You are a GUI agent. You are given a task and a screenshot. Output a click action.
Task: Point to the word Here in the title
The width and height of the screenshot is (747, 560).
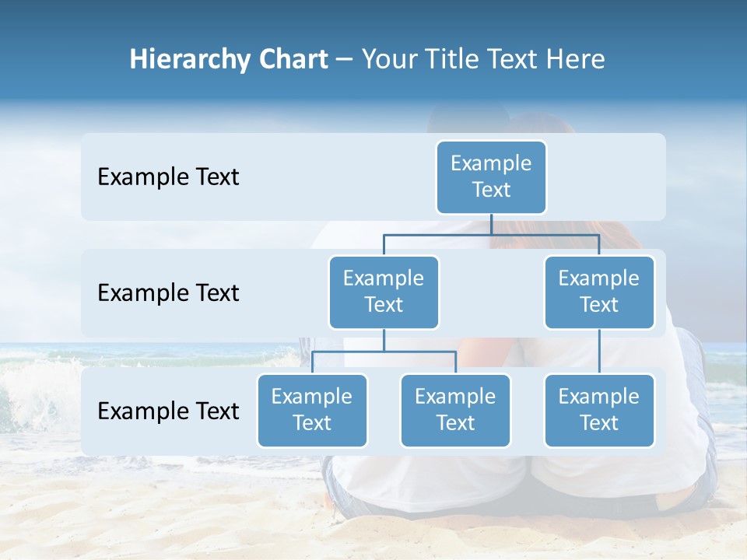pos(576,60)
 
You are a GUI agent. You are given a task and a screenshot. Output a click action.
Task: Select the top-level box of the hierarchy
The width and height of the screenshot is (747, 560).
pos(491,177)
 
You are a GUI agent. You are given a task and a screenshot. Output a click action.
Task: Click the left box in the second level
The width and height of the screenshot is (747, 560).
pos(384,292)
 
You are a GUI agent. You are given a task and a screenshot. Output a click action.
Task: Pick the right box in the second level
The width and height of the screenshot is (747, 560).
pos(599,292)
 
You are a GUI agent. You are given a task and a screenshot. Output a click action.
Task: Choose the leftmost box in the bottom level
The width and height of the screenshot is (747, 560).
pos(312,411)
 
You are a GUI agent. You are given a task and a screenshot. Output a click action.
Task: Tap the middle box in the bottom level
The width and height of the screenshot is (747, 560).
pos(455,411)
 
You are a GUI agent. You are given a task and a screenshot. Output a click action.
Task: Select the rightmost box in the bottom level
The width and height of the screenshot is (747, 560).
pos(599,411)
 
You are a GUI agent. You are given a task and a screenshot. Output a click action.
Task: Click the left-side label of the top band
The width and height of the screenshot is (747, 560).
pos(168,177)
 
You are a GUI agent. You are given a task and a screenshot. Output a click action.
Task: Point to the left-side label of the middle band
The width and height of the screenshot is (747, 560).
pos(168,293)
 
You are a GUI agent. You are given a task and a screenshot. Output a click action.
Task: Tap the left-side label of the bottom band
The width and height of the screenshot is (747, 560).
pos(168,411)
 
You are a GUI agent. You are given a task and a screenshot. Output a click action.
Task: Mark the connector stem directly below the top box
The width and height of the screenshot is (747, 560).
pos(491,224)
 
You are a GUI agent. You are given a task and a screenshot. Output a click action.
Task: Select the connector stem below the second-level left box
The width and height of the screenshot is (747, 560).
pos(384,340)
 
